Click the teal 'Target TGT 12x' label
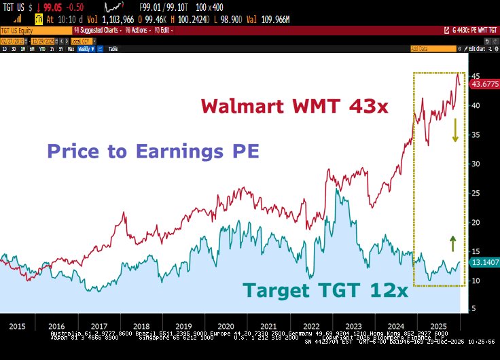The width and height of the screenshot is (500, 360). click(x=326, y=291)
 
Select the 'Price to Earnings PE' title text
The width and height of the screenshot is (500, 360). click(x=153, y=151)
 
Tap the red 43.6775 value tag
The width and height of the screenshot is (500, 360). click(x=484, y=84)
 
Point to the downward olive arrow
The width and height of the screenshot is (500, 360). click(x=454, y=130)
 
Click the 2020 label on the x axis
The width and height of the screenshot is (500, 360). click(x=226, y=326)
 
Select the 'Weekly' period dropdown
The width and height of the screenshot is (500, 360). click(x=86, y=49)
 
